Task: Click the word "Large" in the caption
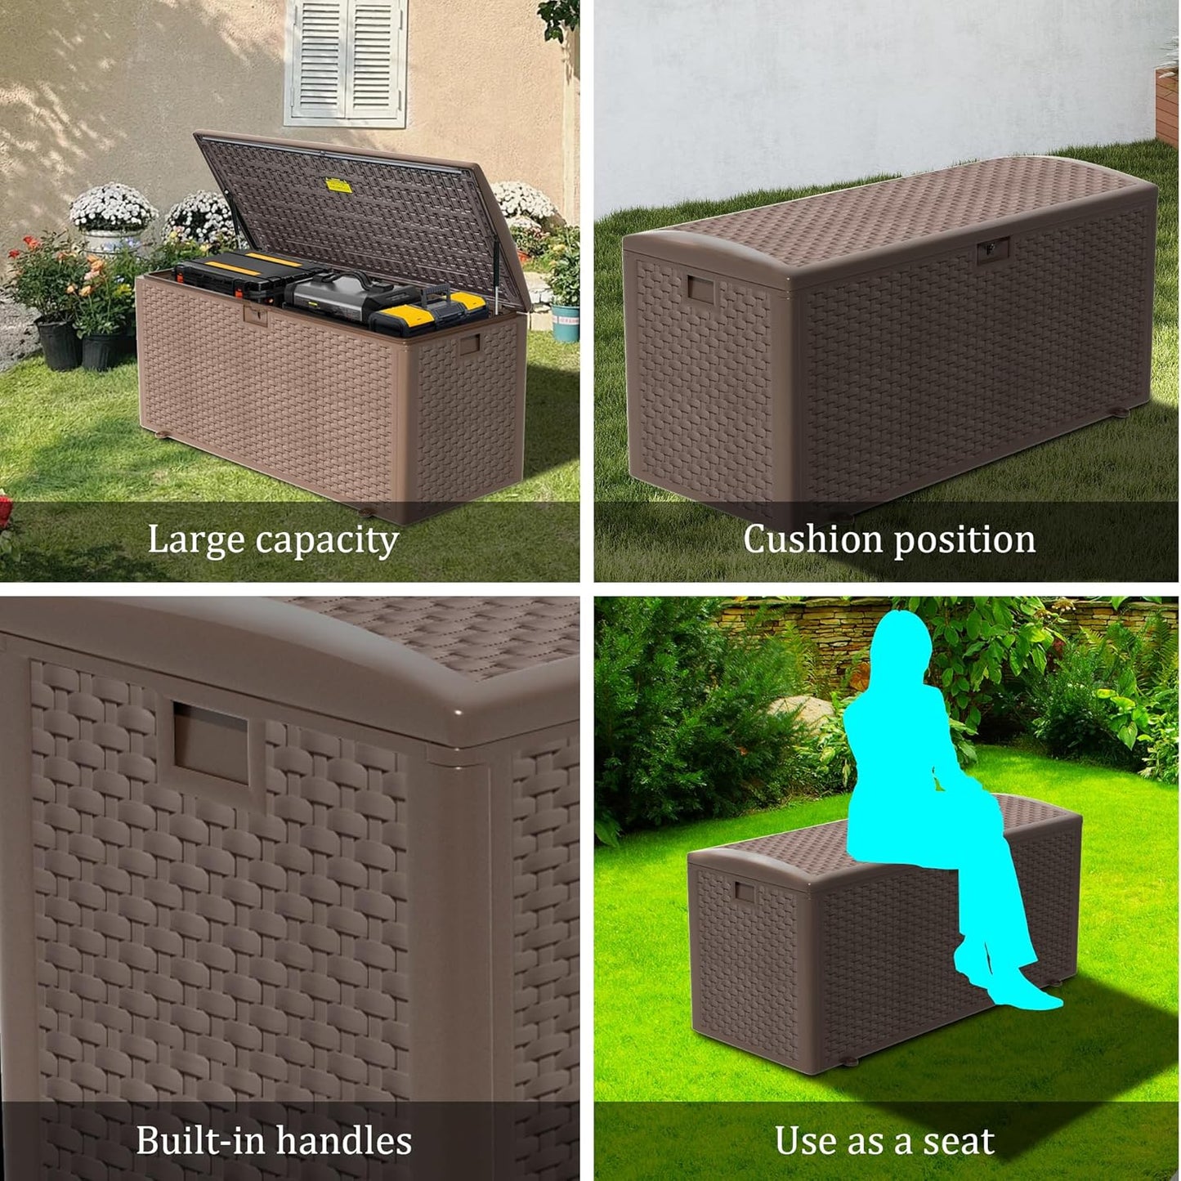coord(196,539)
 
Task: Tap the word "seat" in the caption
coord(960,1141)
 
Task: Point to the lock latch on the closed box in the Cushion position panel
coord(994,249)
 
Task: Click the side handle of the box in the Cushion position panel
coord(701,289)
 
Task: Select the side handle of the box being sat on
coord(744,891)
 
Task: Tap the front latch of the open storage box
coord(257,315)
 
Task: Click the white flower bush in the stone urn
coord(113,208)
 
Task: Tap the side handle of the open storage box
coord(468,344)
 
